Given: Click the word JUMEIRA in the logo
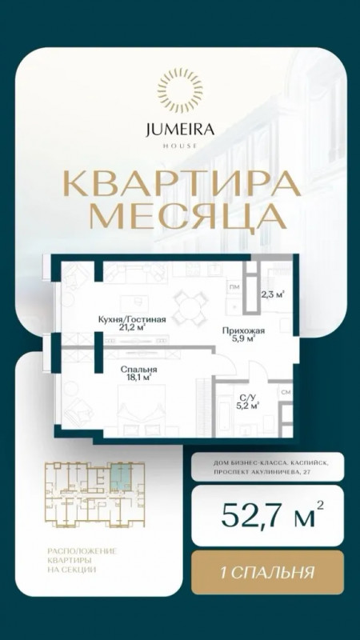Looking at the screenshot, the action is (180, 130).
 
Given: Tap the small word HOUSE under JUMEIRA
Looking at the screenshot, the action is (180, 146).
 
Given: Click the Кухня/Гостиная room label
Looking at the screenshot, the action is (132, 319).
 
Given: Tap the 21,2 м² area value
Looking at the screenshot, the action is (132, 326).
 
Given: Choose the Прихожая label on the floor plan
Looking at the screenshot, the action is (244, 330).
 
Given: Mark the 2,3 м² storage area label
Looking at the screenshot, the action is (272, 293).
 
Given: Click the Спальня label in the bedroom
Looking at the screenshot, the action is (138, 370).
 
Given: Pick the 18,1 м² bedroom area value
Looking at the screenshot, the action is (139, 377).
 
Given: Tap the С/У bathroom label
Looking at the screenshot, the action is (246, 398).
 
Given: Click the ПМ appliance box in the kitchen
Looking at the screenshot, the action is (234, 287).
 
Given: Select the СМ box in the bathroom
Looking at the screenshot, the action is (286, 392).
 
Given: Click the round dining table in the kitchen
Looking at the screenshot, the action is (190, 306).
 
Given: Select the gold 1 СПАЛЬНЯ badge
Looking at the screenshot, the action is (267, 572).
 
